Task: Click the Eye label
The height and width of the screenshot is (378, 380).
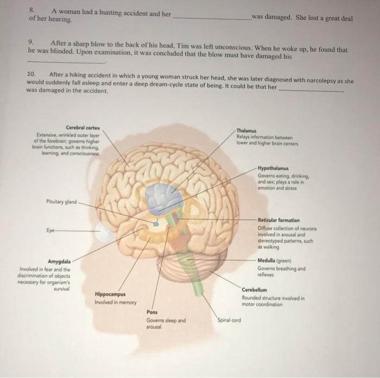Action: [49, 230]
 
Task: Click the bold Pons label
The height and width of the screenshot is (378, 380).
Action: [153, 312]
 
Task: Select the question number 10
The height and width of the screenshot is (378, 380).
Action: [31, 74]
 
